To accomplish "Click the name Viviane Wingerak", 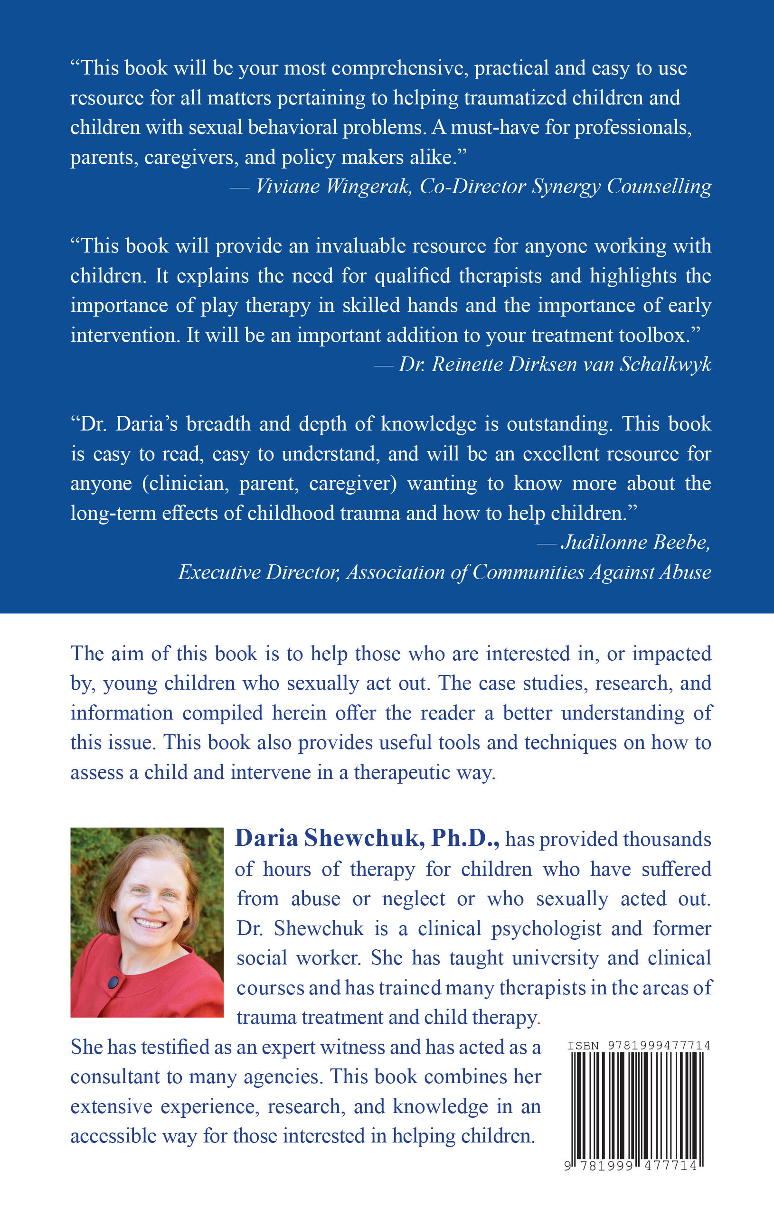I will click(x=333, y=187).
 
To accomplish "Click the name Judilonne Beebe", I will click(x=635, y=543).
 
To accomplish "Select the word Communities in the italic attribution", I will click(x=528, y=572).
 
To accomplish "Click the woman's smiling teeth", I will click(x=149, y=923).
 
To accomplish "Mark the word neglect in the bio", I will click(x=413, y=899).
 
